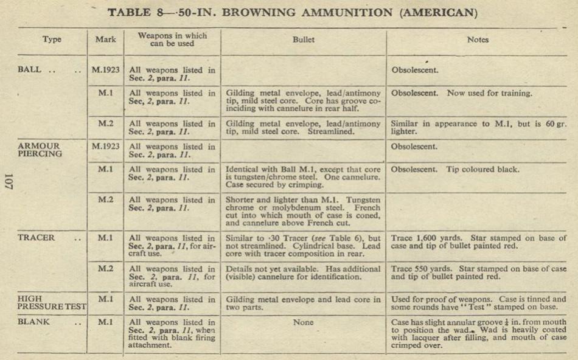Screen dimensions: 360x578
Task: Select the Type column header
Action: [52, 40]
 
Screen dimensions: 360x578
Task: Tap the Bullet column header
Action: [304, 40]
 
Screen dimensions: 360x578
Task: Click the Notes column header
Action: [478, 40]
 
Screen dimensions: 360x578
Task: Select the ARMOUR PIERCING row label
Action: [40, 150]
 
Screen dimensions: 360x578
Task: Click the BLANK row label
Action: [34, 322]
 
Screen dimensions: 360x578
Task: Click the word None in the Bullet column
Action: [304, 322]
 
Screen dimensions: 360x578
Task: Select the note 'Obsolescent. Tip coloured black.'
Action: [456, 170]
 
